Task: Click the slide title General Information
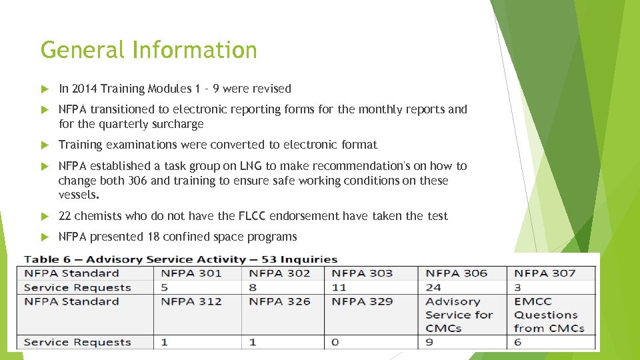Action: coord(149,50)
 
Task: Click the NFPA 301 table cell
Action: coord(191,273)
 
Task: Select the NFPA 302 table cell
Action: coord(279,273)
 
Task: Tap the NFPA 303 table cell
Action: coord(362,273)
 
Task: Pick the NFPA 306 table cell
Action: coord(456,273)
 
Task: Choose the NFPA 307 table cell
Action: coord(545,273)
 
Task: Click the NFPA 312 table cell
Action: coord(191,301)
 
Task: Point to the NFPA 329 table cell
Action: coord(362,301)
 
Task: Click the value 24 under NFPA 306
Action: coord(433,288)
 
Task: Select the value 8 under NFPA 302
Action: coord(253,288)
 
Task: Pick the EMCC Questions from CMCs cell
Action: coord(549,315)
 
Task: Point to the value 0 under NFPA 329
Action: coord(335,343)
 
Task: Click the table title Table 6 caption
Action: coord(181,259)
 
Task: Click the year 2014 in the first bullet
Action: coord(83,89)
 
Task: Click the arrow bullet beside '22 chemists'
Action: coord(45,216)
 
